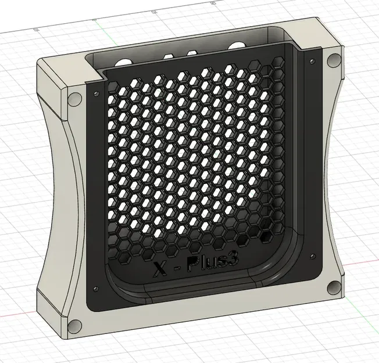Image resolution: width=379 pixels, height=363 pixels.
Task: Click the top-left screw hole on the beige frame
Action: [x=74, y=98]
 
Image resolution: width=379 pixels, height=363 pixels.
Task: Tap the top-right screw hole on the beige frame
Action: [x=334, y=60]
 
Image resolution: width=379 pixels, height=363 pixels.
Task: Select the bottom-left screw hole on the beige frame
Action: [x=73, y=325]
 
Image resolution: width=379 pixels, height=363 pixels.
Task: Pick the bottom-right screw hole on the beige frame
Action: [x=332, y=287]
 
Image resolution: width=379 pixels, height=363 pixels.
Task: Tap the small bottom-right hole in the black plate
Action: [x=312, y=253]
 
